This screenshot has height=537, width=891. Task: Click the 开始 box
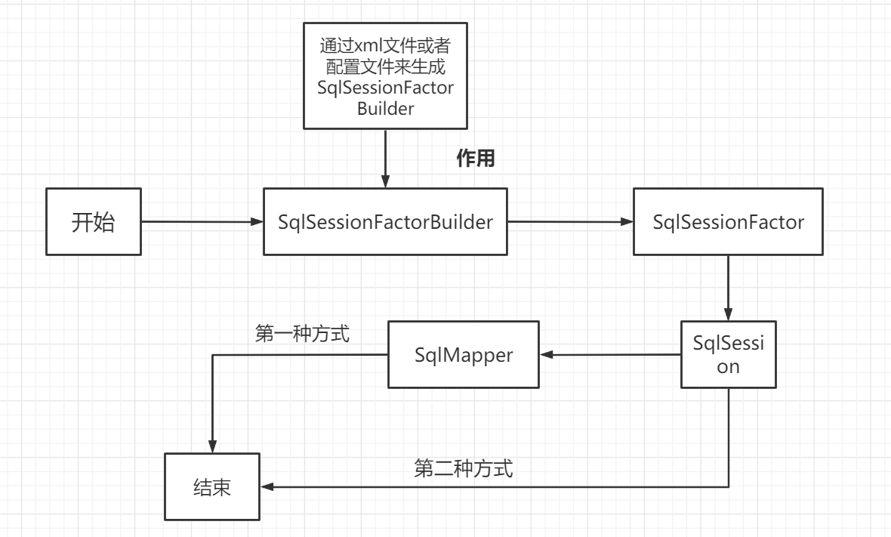pyautogui.click(x=93, y=222)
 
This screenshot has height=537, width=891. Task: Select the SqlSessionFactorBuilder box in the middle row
pyautogui.click(x=385, y=222)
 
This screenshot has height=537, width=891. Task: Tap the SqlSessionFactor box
pyautogui.click(x=728, y=222)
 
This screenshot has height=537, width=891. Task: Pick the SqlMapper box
pyautogui.click(x=464, y=355)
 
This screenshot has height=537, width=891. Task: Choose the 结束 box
pyautogui.click(x=212, y=486)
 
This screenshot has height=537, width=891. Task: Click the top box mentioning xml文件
pyautogui.click(x=385, y=76)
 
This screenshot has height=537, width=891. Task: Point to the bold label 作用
pyautogui.click(x=476, y=159)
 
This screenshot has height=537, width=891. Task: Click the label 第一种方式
pyautogui.click(x=302, y=334)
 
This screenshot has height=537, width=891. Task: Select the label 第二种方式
pyautogui.click(x=464, y=469)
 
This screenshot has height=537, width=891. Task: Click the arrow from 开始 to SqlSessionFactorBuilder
pyautogui.click(x=200, y=222)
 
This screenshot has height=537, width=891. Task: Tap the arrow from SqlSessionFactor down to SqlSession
pyautogui.click(x=728, y=287)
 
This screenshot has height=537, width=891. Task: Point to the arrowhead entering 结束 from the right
pyautogui.click(x=266, y=486)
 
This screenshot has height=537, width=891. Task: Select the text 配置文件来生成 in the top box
pyautogui.click(x=385, y=64)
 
